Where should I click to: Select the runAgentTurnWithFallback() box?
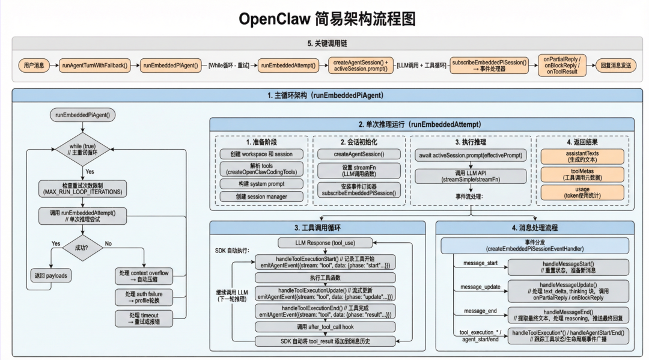(95, 65)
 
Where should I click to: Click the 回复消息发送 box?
(615, 65)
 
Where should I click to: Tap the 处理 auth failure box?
(144, 297)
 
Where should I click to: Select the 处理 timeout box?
(144, 319)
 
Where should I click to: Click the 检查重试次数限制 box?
(82, 188)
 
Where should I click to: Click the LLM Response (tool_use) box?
(326, 243)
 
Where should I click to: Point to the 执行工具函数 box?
(326, 278)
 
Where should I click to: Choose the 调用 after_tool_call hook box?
(326, 326)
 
